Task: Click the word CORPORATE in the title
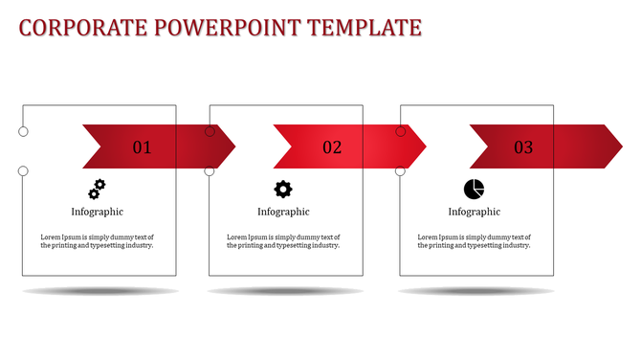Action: [x=77, y=28]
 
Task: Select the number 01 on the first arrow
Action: [x=142, y=147]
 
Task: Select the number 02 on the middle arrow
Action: [x=332, y=147]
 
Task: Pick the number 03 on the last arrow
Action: [x=523, y=147]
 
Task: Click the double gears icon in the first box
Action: [x=97, y=188]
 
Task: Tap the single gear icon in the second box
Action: [x=283, y=189]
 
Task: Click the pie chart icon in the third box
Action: [x=474, y=189]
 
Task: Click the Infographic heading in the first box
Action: [x=97, y=212]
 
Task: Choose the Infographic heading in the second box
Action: [x=283, y=212]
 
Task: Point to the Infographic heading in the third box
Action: [x=475, y=212]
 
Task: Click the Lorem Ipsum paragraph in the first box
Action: [x=97, y=240]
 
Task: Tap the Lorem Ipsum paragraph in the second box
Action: [x=283, y=240]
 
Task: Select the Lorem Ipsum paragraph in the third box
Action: [x=475, y=240]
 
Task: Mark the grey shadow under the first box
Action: [x=100, y=291]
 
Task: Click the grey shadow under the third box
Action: [x=477, y=291]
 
